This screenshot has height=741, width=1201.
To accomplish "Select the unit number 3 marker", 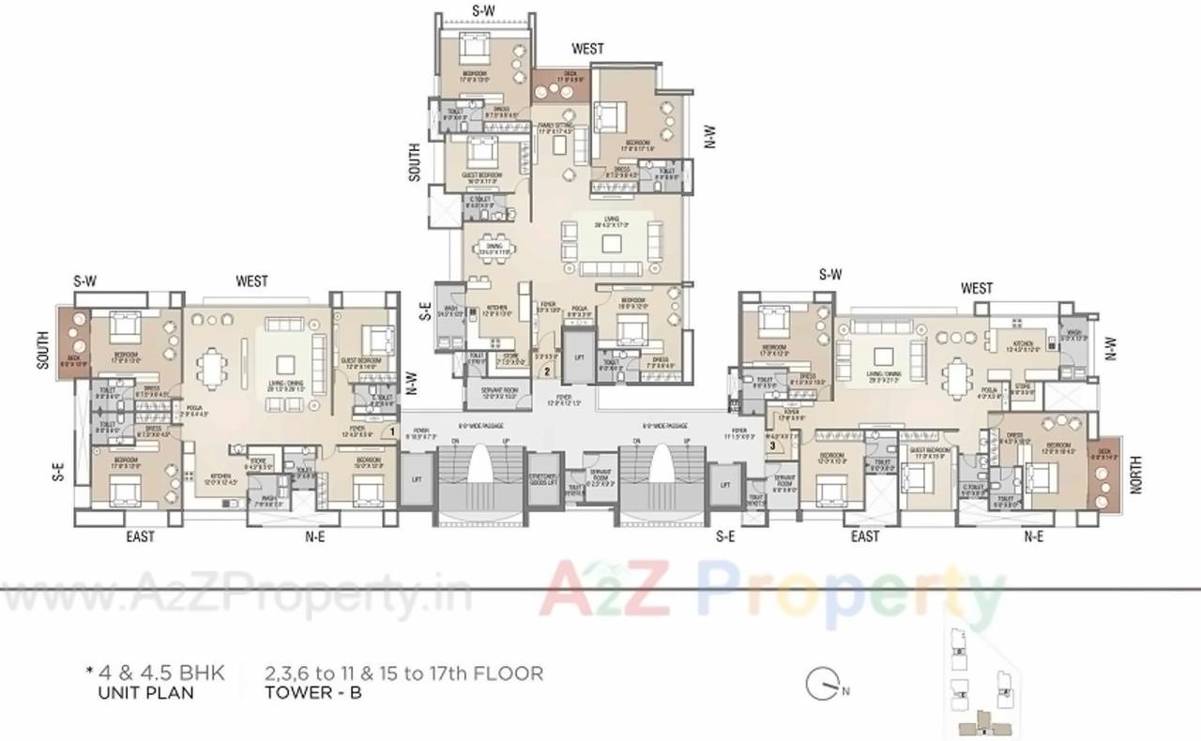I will coord(772,446).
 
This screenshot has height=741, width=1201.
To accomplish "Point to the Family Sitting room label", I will coord(555,128).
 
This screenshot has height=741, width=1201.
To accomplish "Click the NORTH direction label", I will coord(1136,476).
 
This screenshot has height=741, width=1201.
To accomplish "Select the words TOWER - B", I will coord(313,693).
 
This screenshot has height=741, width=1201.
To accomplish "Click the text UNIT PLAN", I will coord(145,693).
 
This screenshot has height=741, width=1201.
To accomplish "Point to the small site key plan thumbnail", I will coord(982,680).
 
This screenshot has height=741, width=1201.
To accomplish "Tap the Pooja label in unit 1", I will coord(195,409).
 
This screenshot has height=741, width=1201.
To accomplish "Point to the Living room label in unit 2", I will coord(612,223).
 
